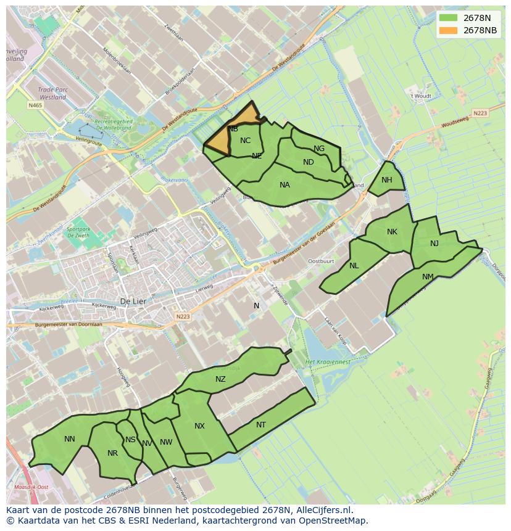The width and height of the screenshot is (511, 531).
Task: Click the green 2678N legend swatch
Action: tap(449, 18)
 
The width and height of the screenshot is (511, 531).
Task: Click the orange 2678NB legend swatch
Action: tap(449, 30)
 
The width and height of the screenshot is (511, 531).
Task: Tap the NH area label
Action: tap(387, 180)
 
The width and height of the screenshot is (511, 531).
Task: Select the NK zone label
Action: tap(392, 232)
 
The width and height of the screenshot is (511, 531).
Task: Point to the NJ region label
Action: tap(434, 244)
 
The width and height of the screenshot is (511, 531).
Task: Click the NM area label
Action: tap(428, 277)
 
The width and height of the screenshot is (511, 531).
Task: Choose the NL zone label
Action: tap(354, 266)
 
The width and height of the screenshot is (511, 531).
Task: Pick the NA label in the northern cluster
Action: tap(285, 185)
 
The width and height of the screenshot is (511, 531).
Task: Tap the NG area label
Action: tap(319, 149)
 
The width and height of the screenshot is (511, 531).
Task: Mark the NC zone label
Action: tap(246, 141)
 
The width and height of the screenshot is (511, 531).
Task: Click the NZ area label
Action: tap(220, 379)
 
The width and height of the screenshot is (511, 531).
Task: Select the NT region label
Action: tap(261, 425)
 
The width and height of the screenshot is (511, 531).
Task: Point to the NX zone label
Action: tap(199, 426)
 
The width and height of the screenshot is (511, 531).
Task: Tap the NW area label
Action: tap(166, 442)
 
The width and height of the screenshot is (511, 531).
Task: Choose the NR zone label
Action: tap(112, 453)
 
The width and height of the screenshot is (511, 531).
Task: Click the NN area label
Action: tap(70, 439)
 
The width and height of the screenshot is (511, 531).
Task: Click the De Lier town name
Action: tap(132, 302)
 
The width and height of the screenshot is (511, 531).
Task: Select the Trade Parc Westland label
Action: tap(52, 93)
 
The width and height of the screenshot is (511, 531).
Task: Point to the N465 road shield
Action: tap(35, 105)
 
